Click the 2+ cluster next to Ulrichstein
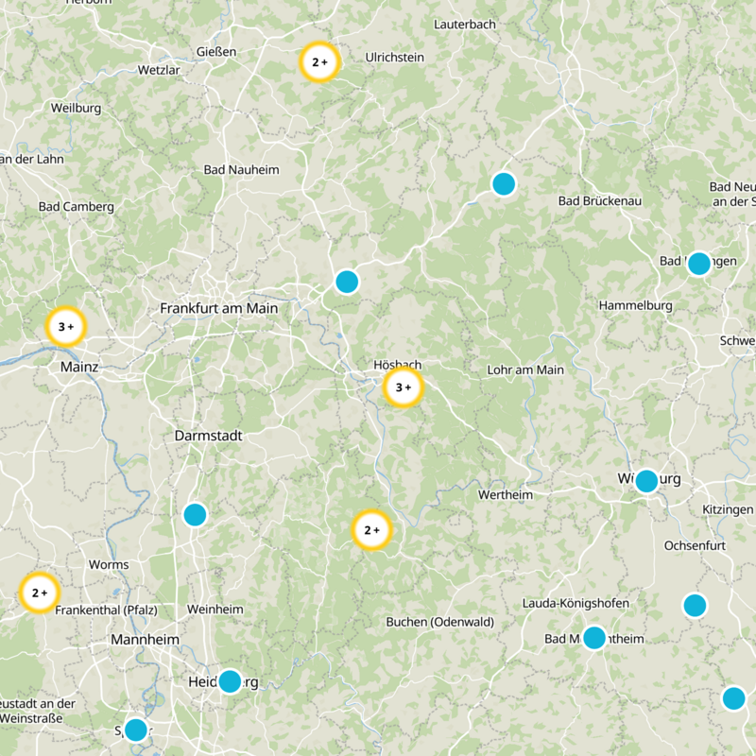tap(319, 62)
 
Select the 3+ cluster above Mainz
tap(66, 327)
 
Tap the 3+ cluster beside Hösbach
tap(403, 387)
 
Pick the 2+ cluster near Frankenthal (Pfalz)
tap(39, 593)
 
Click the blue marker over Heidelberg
tap(230, 680)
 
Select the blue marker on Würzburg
tap(646, 481)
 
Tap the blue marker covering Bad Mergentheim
tap(593, 638)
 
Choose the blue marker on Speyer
tap(136, 730)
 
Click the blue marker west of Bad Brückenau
tap(504, 183)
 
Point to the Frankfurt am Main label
tap(219, 308)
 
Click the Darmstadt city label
tap(209, 436)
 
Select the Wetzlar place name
tap(158, 70)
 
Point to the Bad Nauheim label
tap(242, 170)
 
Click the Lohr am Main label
tap(524, 369)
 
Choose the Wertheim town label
tap(506, 494)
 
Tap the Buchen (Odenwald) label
tap(440, 622)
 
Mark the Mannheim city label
tap(145, 640)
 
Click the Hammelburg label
tap(635, 305)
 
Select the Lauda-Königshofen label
tap(576, 603)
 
